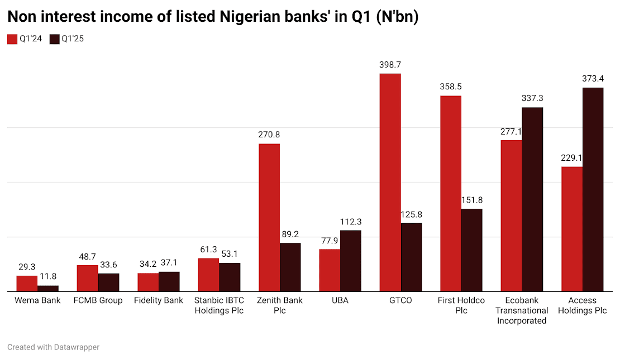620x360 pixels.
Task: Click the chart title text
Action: (213, 17)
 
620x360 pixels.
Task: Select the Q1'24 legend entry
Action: (25, 39)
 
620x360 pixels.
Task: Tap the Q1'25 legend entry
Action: (67, 39)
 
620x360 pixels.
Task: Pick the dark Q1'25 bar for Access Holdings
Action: (593, 190)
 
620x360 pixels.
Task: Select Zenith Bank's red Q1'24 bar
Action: (269, 218)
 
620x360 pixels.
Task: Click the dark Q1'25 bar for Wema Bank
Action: (48, 289)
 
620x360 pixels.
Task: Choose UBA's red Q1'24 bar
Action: (330, 270)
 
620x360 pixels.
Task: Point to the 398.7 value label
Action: (390, 65)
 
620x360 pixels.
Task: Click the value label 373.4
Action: (593, 79)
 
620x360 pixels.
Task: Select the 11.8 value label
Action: (48, 276)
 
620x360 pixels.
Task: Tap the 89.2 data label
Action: (290, 234)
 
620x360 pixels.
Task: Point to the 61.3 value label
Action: (208, 249)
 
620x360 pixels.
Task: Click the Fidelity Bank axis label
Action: (159, 301)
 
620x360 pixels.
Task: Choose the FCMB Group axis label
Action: (98, 301)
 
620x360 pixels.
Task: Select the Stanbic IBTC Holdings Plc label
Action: (219, 305)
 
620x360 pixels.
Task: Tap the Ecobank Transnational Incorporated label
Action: (522, 310)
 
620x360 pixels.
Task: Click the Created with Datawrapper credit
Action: (53, 347)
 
